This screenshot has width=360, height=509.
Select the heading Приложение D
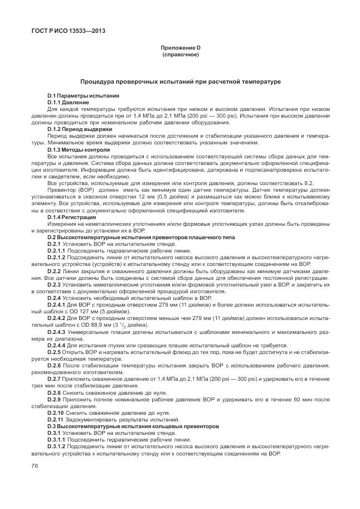[179, 49]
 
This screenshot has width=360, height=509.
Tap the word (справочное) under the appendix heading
[179, 55]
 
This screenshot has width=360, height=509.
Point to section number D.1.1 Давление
[58, 103]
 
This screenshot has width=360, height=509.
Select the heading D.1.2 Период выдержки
[80, 129]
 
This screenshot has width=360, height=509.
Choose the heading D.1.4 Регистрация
[74, 217]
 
